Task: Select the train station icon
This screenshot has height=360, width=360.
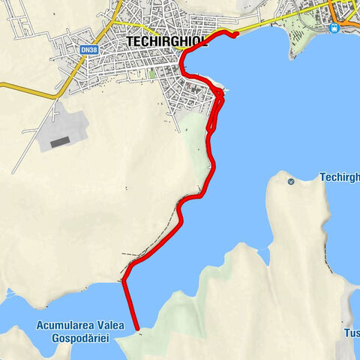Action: point(334,27)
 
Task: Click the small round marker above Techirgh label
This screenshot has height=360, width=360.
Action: point(290,181)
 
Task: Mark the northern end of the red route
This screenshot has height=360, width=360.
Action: point(235,33)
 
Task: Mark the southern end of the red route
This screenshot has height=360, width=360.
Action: point(137,328)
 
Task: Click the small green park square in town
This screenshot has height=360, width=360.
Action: point(153,74)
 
